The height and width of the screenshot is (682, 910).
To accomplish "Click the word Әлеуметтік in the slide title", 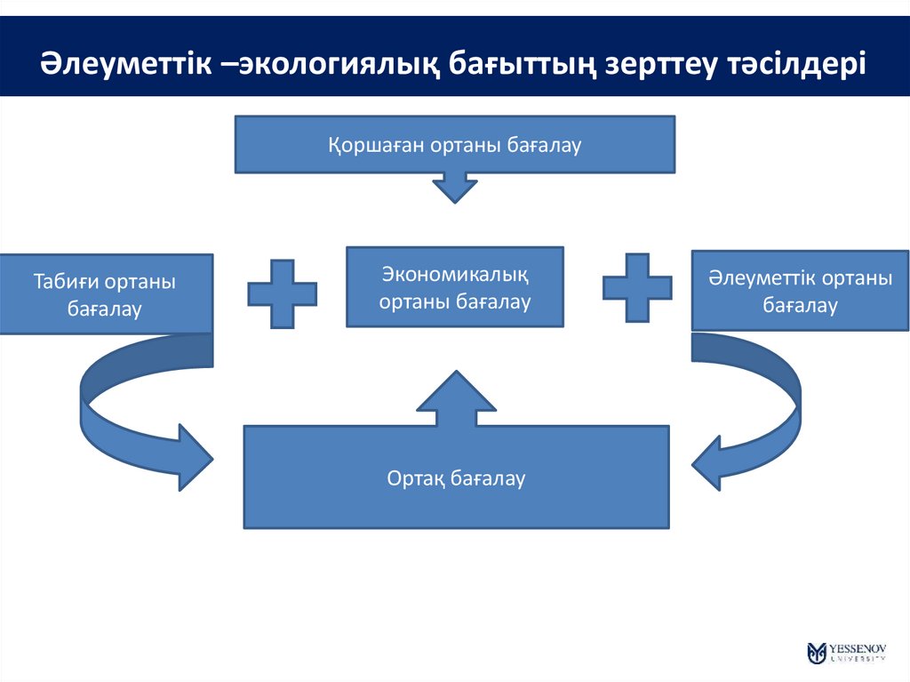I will pyautogui.click(x=124, y=64).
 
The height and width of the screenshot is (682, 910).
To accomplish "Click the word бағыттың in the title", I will pyautogui.click(x=521, y=64).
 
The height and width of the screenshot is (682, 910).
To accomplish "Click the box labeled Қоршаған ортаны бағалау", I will pyautogui.click(x=454, y=144).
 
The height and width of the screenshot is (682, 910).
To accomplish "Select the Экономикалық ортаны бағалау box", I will pyautogui.click(x=454, y=286).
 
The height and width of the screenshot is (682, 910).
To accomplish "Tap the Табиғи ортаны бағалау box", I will pyautogui.click(x=106, y=294).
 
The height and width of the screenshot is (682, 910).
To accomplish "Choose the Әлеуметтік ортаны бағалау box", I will pyautogui.click(x=800, y=293).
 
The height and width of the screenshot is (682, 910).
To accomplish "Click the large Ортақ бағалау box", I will pyautogui.click(x=456, y=477).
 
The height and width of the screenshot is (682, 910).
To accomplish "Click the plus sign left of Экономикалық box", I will pyautogui.click(x=282, y=293).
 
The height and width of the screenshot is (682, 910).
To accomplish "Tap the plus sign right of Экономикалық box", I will pyautogui.click(x=637, y=287).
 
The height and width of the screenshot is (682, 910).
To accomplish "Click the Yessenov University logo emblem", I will pyautogui.click(x=817, y=653).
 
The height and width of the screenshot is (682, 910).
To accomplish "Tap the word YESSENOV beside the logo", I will pyautogui.click(x=858, y=647).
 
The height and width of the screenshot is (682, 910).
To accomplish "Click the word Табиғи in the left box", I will pyautogui.click(x=65, y=282).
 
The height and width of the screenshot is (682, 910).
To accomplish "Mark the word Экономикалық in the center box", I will pyautogui.click(x=454, y=273).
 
